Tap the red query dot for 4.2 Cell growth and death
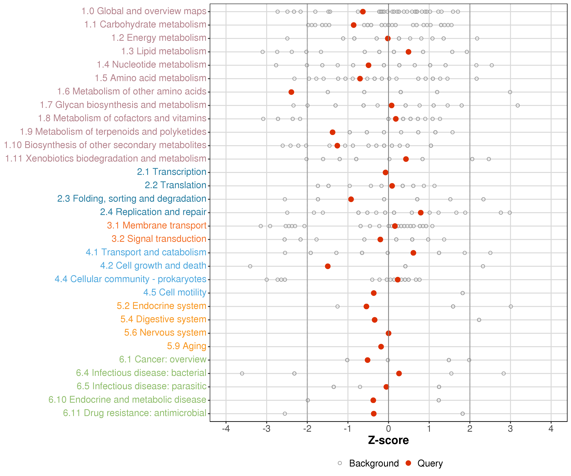[x=328, y=266]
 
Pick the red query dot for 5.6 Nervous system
[x=389, y=333]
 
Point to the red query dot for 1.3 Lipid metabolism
[x=408, y=52]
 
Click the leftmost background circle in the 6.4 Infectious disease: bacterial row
[x=242, y=374]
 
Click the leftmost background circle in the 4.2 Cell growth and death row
[x=250, y=266]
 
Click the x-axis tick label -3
[x=266, y=429]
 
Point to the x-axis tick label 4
[x=551, y=429]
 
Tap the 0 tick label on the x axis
[x=389, y=429]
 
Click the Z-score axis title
[x=388, y=440]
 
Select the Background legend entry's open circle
[x=340, y=463]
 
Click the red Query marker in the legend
[x=408, y=463]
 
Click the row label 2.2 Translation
[x=175, y=185]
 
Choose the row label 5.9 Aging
[x=187, y=346]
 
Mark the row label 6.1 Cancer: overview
[x=163, y=359]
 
